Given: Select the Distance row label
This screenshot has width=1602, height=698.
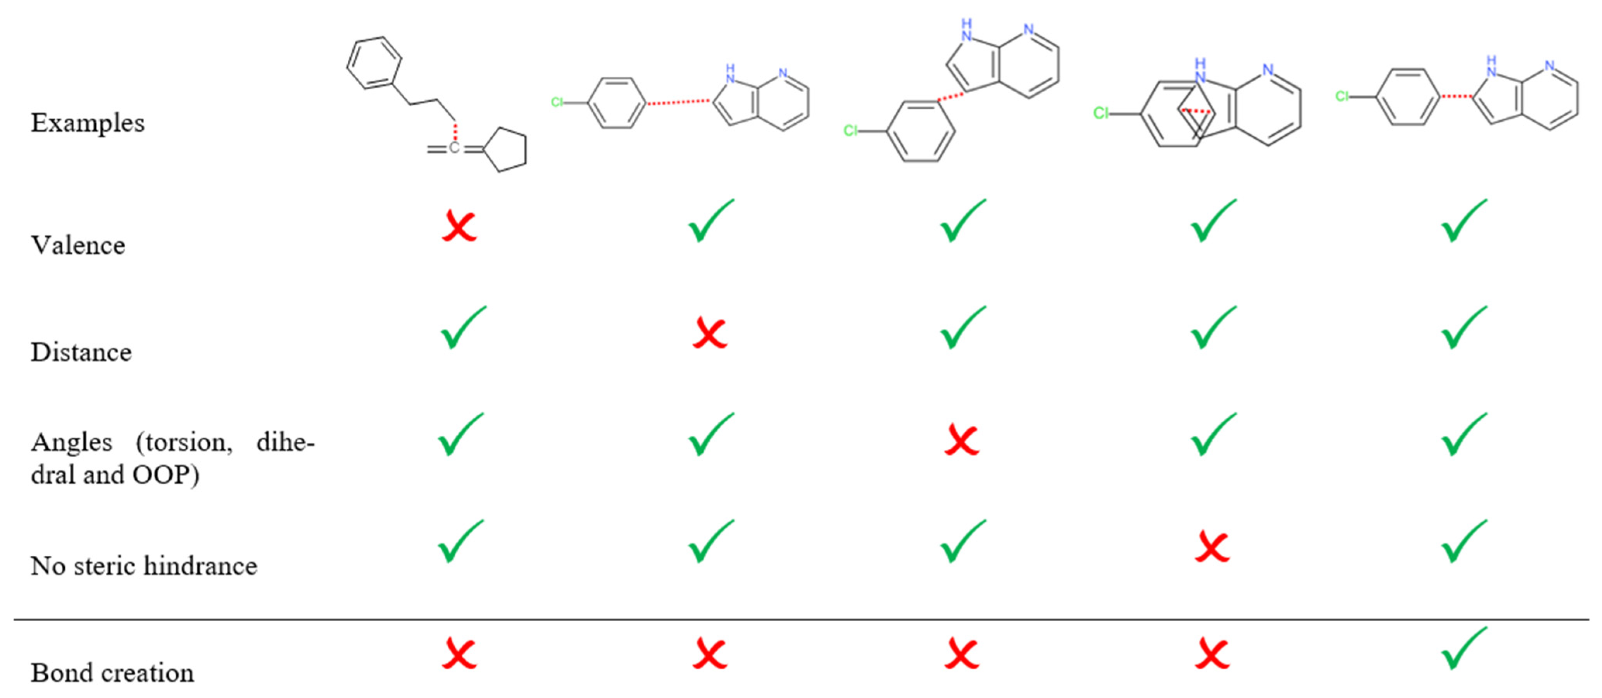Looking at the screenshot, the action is (81, 352).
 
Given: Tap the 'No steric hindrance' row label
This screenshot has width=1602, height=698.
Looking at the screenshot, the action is (144, 565).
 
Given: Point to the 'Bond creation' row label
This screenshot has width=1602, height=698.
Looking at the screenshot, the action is (112, 672).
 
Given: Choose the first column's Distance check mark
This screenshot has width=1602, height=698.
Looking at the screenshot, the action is (463, 327).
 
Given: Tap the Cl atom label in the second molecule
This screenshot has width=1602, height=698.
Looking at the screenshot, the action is (557, 102).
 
